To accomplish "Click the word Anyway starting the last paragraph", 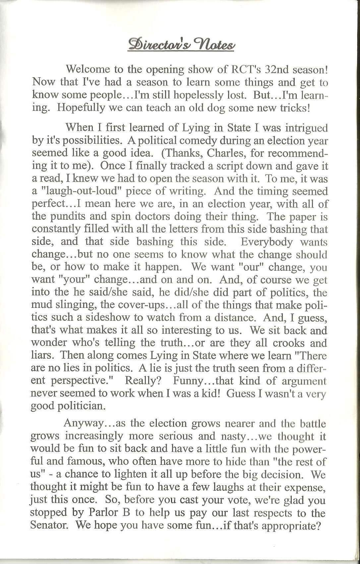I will click(84, 424).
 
